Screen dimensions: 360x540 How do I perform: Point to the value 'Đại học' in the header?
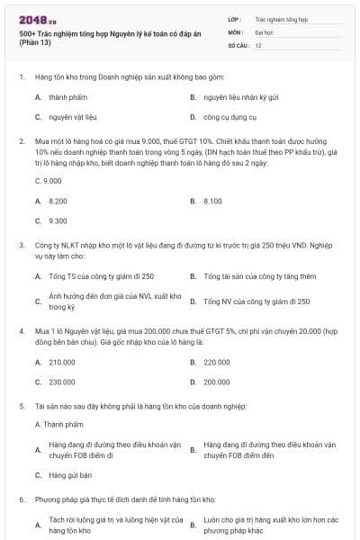pos(264,31)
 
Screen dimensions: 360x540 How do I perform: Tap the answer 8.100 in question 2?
pos(212,201)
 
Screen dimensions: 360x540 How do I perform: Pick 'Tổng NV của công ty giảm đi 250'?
pos(256,301)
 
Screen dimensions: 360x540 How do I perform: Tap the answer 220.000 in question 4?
pos(217,362)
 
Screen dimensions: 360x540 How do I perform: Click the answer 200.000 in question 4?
pos(217,382)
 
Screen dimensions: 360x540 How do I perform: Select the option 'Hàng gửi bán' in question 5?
pos(71,474)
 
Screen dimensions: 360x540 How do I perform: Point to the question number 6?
pos(21,498)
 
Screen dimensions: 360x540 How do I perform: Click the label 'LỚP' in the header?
pos(234,18)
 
